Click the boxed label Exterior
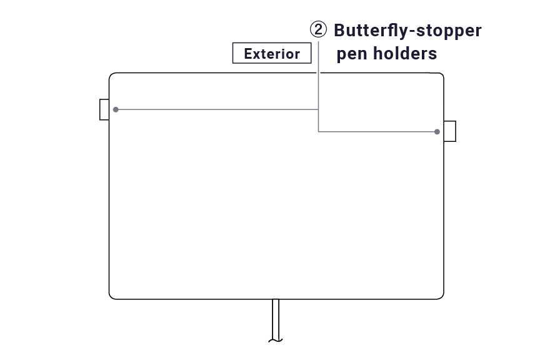(x=272, y=54)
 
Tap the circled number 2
(x=318, y=30)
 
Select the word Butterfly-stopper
(x=407, y=31)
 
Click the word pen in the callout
(x=352, y=54)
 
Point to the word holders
(x=405, y=54)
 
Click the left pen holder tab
(x=104, y=109)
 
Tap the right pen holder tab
(x=449, y=131)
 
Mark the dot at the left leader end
(x=116, y=109)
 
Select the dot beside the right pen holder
(x=437, y=132)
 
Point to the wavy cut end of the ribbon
(x=275, y=341)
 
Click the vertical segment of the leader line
(x=319, y=87)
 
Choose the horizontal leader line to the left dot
(x=219, y=109)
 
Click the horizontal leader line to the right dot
(x=375, y=131)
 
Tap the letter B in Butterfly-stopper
(x=341, y=31)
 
